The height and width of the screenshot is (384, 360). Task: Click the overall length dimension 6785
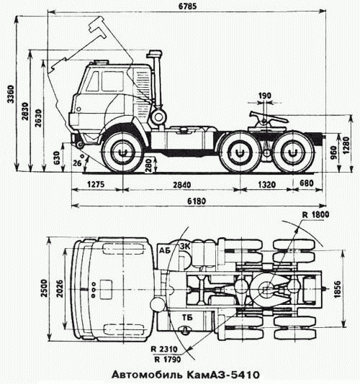pos(187,6)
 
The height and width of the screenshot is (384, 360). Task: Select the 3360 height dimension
pos(10,94)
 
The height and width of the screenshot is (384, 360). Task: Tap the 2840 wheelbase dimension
pos(181,184)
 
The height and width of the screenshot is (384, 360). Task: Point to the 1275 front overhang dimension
pos(96,184)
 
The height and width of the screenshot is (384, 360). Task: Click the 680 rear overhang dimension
pos(306,183)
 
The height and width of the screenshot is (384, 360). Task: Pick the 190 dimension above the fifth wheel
pos(265,96)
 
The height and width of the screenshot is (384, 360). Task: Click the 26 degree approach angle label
pos(77,163)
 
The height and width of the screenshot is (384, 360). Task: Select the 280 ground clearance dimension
pos(149,165)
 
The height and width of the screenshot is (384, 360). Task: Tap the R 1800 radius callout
pos(315,215)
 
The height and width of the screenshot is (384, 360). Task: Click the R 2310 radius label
pos(164,349)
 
